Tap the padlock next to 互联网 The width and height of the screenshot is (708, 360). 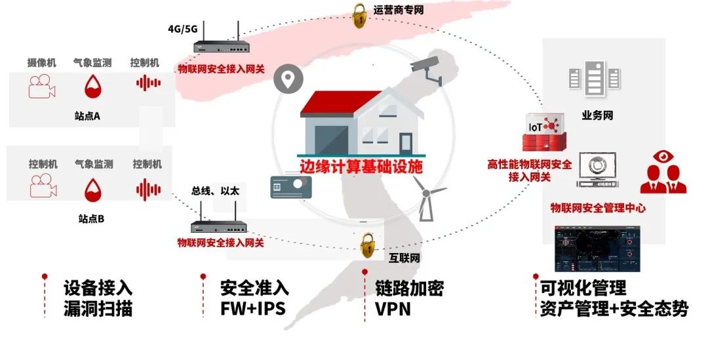pos(368,247)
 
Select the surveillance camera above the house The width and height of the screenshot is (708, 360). pos(427,70)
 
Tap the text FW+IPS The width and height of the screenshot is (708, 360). pos(252,308)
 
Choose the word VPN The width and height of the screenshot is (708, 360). pos(393,308)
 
